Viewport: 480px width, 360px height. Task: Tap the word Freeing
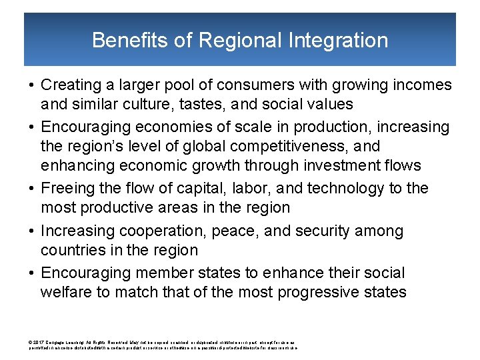pyautogui.click(x=68, y=189)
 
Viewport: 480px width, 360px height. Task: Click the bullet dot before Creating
pyautogui.click(x=32, y=85)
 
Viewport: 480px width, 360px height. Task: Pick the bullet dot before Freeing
pyautogui.click(x=32, y=189)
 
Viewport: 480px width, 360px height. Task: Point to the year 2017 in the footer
pyautogui.click(x=39, y=342)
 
